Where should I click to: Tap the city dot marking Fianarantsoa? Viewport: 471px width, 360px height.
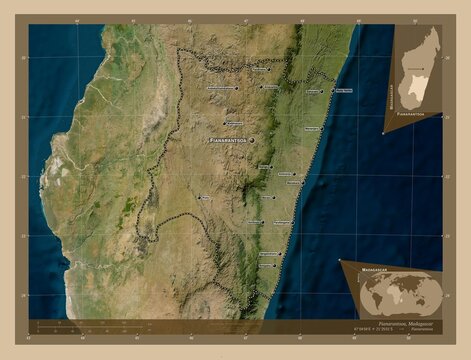251,140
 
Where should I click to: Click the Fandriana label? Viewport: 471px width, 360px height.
270,87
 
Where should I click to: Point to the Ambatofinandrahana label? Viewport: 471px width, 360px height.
220,87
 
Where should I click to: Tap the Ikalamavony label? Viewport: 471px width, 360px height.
232,123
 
